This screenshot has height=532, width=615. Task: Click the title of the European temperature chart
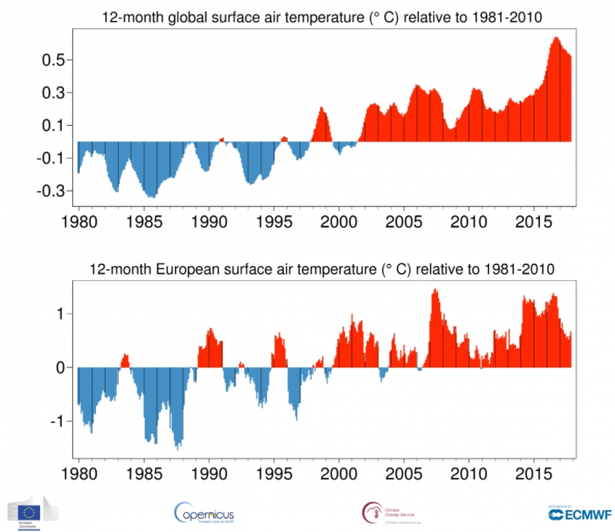(x=322, y=269)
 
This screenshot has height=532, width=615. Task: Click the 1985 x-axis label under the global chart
(x=144, y=221)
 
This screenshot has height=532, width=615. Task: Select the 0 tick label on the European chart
(x=62, y=368)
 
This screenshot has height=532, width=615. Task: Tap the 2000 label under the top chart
(x=339, y=221)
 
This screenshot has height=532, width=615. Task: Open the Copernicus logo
(x=205, y=512)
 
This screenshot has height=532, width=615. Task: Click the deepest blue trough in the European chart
(x=177, y=447)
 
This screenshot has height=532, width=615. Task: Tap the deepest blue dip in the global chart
(x=151, y=196)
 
